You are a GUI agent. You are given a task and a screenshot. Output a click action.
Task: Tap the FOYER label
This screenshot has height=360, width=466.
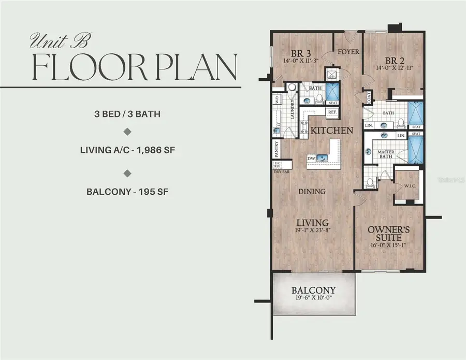349,52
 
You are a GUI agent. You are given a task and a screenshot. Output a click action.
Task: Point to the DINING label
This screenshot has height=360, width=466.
312,191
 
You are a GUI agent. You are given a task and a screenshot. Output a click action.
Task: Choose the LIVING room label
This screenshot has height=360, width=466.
313,222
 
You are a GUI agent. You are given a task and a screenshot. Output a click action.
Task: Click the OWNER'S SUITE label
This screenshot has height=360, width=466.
389,234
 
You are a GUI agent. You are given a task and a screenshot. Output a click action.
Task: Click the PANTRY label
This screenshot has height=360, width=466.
276,149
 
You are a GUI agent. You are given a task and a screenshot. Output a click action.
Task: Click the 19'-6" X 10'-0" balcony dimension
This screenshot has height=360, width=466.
313,299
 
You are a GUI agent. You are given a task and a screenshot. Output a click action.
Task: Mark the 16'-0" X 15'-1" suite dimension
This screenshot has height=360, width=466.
389,246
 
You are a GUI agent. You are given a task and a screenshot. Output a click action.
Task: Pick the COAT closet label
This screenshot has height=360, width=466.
369,97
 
